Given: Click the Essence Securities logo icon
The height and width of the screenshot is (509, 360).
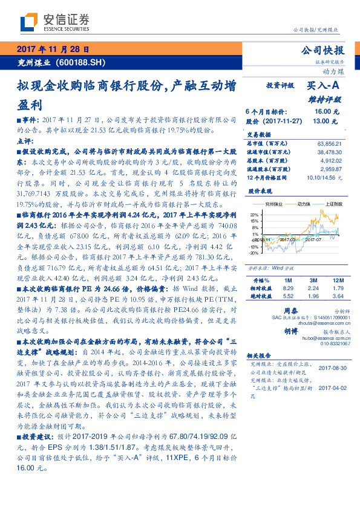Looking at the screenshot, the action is [x=28, y=22].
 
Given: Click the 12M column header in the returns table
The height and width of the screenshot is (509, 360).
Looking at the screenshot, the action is [x=337, y=280].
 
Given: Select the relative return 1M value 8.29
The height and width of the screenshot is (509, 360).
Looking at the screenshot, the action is [x=288, y=288].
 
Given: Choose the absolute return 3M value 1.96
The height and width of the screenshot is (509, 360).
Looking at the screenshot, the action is [x=313, y=296].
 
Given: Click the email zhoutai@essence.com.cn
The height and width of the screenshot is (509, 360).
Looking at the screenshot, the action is [x=315, y=323].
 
